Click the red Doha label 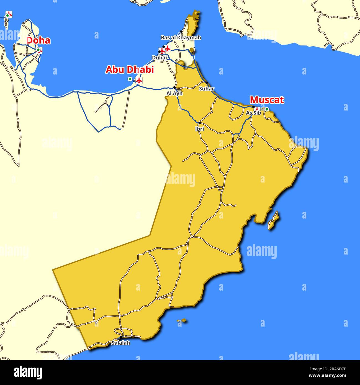pyautogui.click(x=38, y=40)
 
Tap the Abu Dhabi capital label pyautogui.click(x=130, y=70)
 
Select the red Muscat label pyautogui.click(x=267, y=100)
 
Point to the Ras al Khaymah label pyautogui.click(x=181, y=37)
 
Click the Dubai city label pyautogui.click(x=159, y=58)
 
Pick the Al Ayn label pyautogui.click(x=174, y=93)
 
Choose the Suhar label pyautogui.click(x=207, y=89)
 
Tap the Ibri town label pyautogui.click(x=199, y=129)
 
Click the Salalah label pyautogui.click(x=120, y=343)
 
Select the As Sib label pyautogui.click(x=253, y=113)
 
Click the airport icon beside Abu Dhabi pyautogui.click(x=139, y=80)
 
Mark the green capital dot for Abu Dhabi pyautogui.click(x=130, y=79)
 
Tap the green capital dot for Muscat pyautogui.click(x=267, y=109)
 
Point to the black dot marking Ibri pyautogui.click(x=199, y=123)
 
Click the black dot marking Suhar pyautogui.click(x=207, y=83)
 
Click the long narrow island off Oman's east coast pyautogui.click(x=273, y=220)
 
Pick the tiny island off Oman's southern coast pyautogui.click(x=182, y=320)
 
